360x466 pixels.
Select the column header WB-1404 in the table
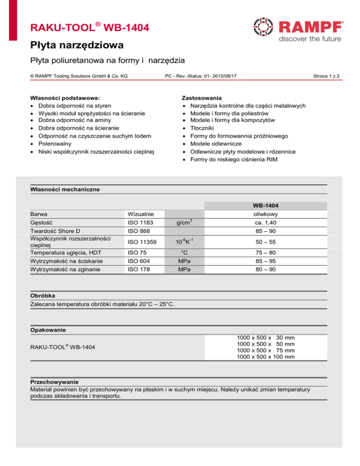pyautogui.click(x=267, y=205)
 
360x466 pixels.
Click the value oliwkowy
pyautogui.click(x=267, y=213)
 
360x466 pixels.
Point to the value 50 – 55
pyautogui.click(x=267, y=242)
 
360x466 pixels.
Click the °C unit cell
pyautogui.click(x=183, y=253)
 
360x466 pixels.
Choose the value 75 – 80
pyautogui.click(x=267, y=253)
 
